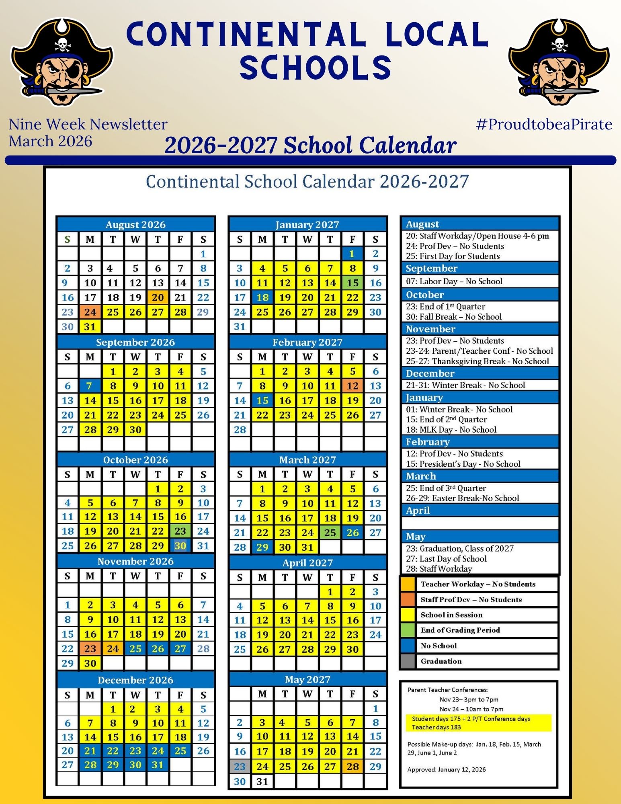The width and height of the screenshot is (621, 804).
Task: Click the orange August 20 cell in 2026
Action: coord(158,297)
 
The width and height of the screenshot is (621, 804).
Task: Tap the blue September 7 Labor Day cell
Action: coord(90,386)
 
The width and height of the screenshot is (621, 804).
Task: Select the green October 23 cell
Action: coord(180,531)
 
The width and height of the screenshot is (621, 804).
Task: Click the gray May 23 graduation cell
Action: coord(240,767)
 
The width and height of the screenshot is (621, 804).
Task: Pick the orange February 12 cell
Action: coord(353,386)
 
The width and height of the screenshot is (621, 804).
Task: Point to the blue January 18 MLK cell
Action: coord(262,297)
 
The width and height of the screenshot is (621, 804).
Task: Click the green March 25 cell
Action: coord(330,533)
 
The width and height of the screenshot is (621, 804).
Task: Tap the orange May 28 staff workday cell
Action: coord(353,767)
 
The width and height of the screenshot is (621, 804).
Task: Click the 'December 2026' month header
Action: coord(135,680)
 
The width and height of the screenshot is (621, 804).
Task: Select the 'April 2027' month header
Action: coord(307,563)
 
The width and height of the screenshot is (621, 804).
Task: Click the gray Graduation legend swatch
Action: coord(408,661)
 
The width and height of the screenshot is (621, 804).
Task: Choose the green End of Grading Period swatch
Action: coord(408,630)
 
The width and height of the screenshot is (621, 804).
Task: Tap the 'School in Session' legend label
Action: coord(451,615)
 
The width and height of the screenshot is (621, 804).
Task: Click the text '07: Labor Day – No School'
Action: coord(454,281)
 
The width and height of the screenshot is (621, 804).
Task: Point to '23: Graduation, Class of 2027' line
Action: coord(459,548)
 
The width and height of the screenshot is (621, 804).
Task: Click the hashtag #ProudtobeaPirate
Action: coord(544,125)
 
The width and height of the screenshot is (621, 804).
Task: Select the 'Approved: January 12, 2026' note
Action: coord(446,769)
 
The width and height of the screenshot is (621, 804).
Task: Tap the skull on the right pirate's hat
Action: coord(559,44)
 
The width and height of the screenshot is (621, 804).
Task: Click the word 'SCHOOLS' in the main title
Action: coord(316,67)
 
